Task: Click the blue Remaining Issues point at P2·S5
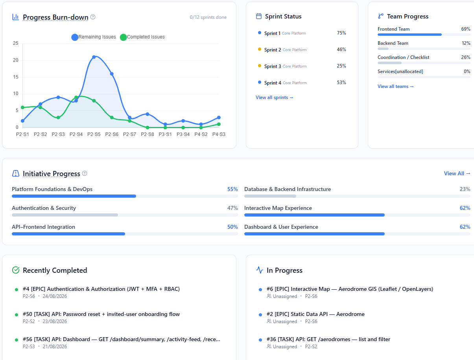point(94,57)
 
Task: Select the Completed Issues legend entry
point(142,37)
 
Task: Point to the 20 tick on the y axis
point(16,60)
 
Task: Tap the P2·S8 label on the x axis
point(148,134)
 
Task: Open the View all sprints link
point(275,97)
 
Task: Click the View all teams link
point(396,86)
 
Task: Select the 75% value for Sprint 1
point(341,33)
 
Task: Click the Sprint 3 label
point(273,66)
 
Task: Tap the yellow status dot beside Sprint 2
point(260,49)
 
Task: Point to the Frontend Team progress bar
point(424,35)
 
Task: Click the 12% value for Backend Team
point(466,43)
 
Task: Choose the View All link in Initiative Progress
point(457,174)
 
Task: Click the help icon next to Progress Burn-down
point(93,17)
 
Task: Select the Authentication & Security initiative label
point(44,208)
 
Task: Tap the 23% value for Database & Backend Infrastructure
point(465,189)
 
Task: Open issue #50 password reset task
point(101,314)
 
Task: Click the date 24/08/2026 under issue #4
point(55,296)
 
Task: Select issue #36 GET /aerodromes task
point(328,340)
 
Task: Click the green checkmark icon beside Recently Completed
point(16,270)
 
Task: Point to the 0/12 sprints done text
point(208,17)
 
